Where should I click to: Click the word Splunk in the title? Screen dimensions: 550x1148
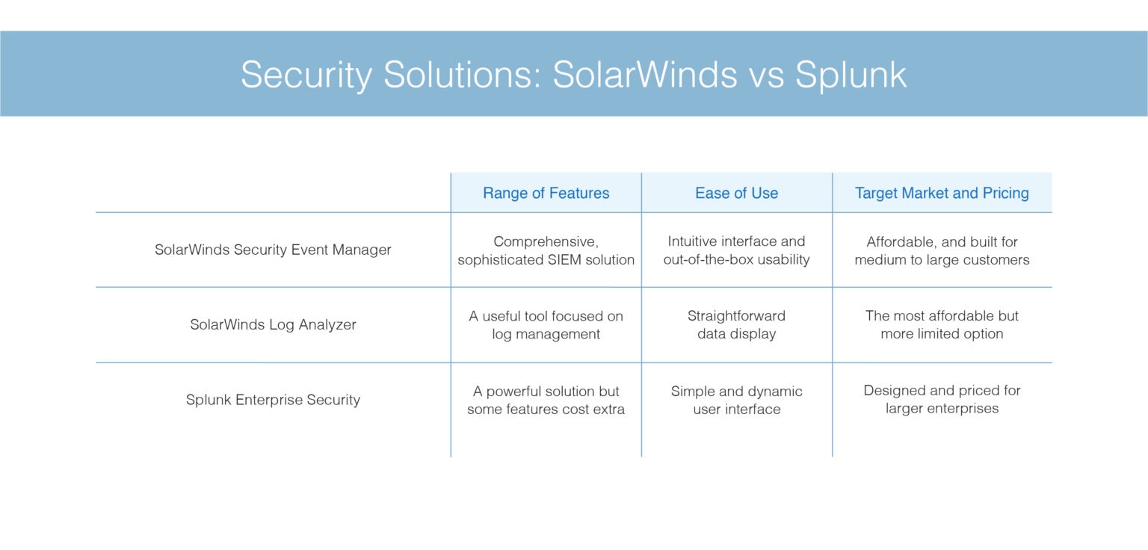[x=851, y=75]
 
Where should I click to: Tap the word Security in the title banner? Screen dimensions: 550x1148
[x=306, y=75]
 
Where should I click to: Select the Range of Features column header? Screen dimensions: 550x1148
[x=546, y=193]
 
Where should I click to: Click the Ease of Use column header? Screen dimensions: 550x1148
[x=736, y=193]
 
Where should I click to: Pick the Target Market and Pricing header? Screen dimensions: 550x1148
[x=942, y=193]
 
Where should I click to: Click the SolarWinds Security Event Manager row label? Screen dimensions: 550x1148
[x=273, y=250]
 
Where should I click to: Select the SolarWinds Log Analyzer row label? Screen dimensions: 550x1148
[x=273, y=324]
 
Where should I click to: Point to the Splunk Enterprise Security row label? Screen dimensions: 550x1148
[x=273, y=400]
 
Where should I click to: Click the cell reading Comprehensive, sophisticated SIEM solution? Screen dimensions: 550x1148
[x=546, y=250]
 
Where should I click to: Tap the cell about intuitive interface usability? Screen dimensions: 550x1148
[x=736, y=250]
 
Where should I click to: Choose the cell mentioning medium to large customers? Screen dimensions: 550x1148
[x=942, y=250]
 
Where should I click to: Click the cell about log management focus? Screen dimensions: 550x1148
[x=546, y=325]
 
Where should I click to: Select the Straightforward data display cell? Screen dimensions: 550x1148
[x=736, y=325]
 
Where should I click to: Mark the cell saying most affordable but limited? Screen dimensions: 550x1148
[x=942, y=325]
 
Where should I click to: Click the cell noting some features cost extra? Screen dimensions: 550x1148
[x=546, y=400]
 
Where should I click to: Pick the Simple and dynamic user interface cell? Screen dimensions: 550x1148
[x=736, y=400]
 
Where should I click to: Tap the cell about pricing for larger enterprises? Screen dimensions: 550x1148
[x=942, y=400]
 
